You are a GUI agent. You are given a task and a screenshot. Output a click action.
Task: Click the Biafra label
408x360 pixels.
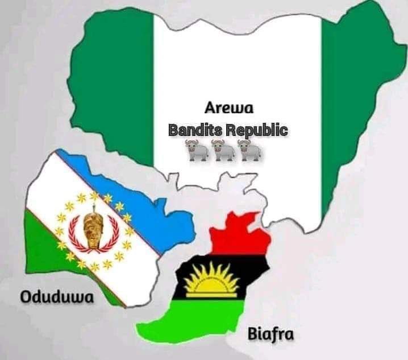(270, 334)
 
